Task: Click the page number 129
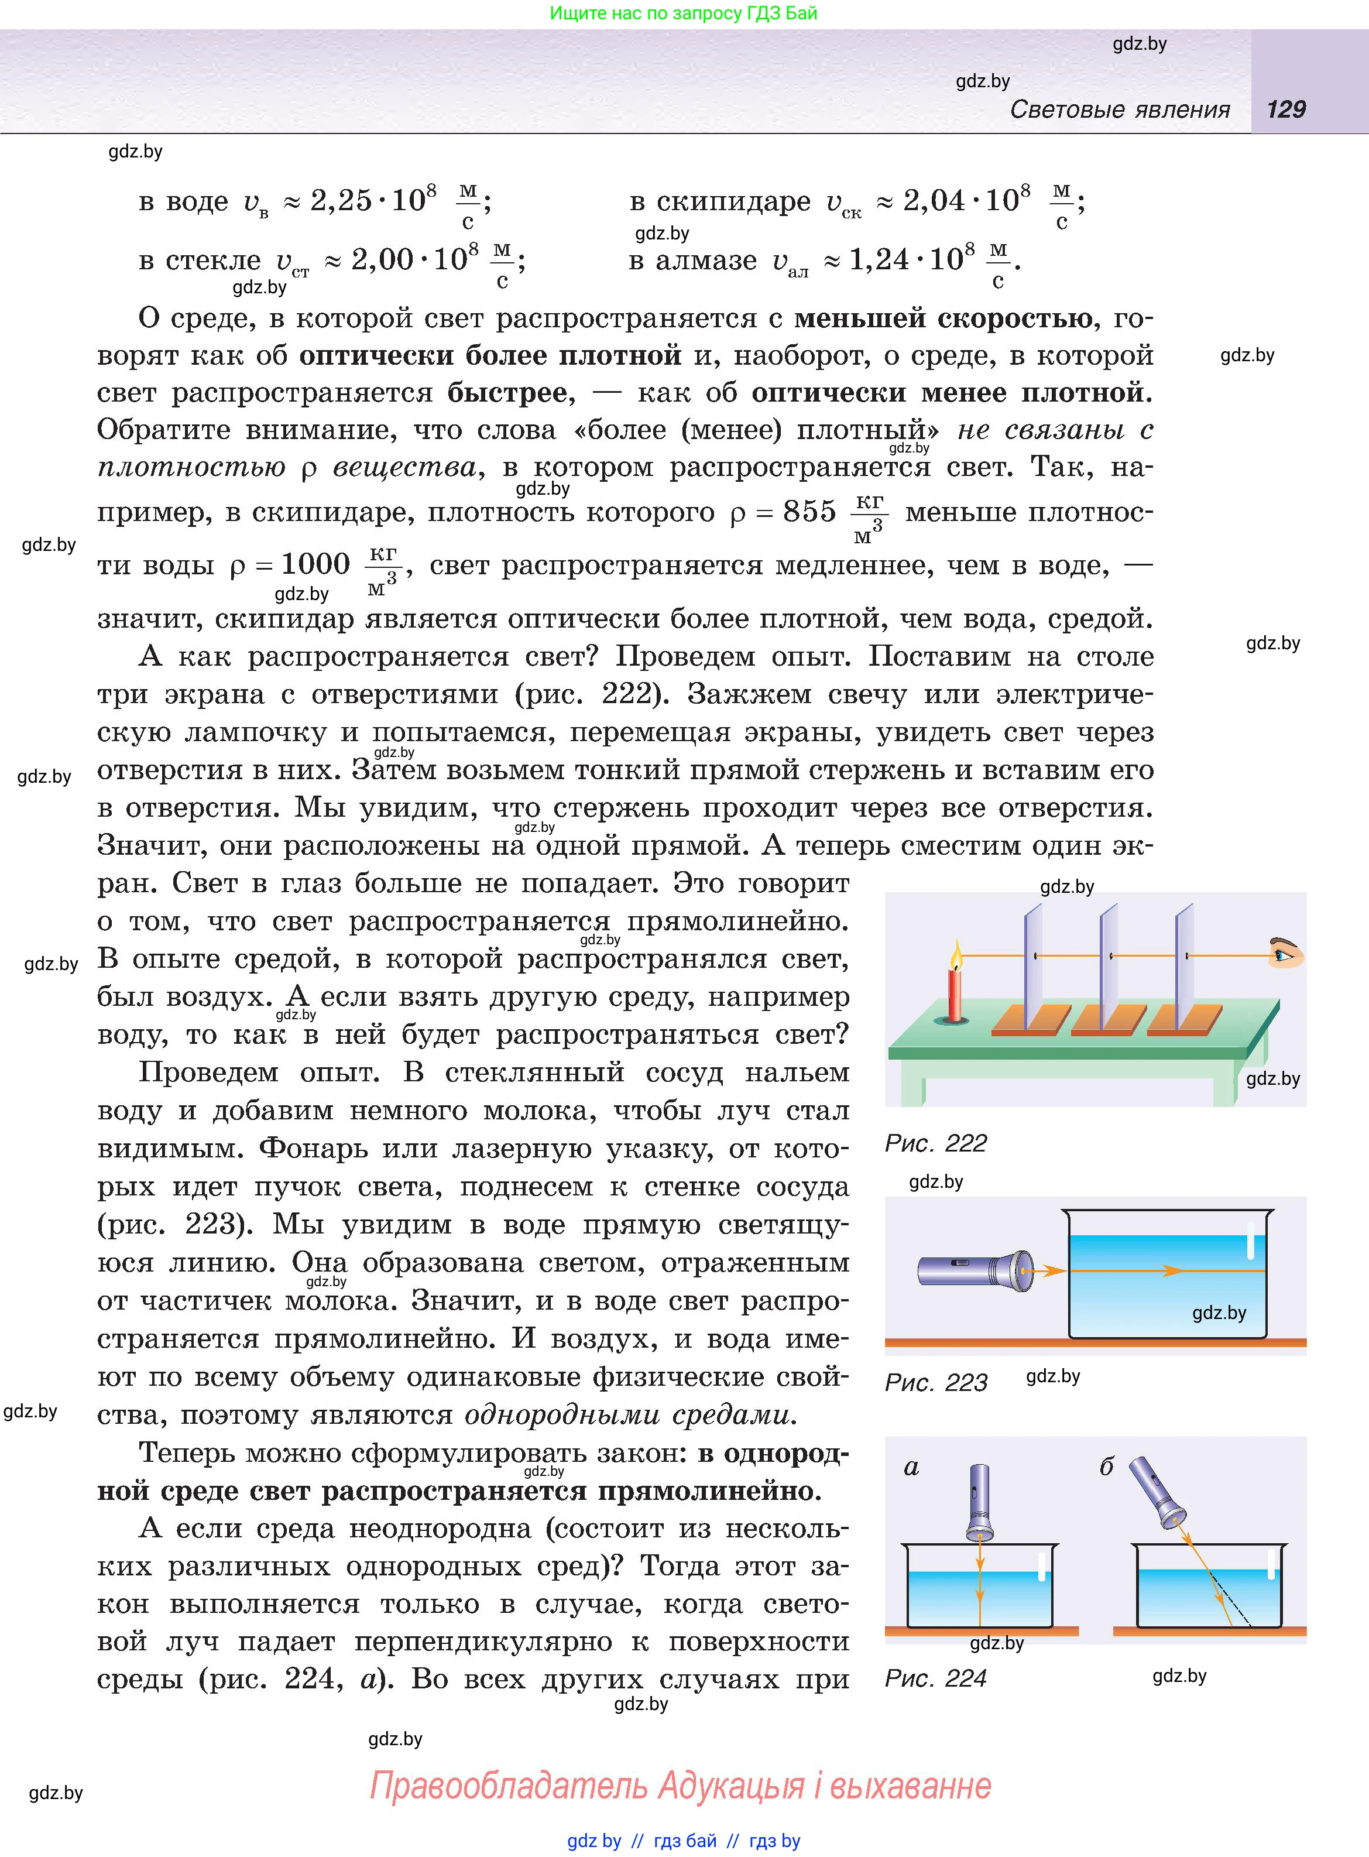pos(1286,109)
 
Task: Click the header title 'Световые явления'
pos(1120,109)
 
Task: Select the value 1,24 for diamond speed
pos(879,260)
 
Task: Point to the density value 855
pos(809,512)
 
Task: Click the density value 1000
pos(315,564)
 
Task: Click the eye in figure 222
pos(1285,955)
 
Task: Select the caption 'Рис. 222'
pos(936,1143)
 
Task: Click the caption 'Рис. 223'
pos(936,1382)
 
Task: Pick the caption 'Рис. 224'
pos(936,1678)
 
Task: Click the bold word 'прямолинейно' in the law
pos(709,1491)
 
